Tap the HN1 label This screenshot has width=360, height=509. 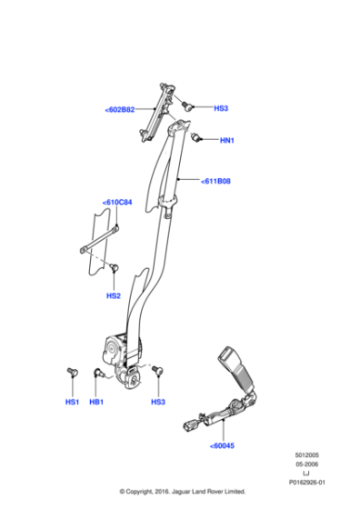point(227,141)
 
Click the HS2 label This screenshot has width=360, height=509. point(114,295)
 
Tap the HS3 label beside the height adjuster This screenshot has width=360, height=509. point(221,108)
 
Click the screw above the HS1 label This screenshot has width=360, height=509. point(71,373)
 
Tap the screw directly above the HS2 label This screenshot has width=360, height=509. point(115,267)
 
